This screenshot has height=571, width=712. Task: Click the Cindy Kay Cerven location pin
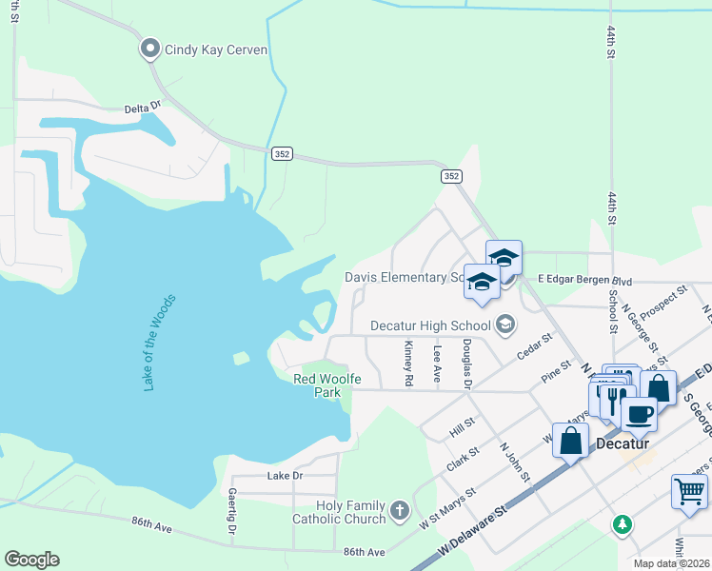[x=149, y=49]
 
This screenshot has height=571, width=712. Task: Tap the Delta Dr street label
[x=144, y=108]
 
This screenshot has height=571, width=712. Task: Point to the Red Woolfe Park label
[x=326, y=385]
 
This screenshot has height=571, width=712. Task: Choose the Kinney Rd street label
[x=408, y=364]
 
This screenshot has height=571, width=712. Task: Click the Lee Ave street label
[x=437, y=364]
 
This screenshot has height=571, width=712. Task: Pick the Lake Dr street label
[x=285, y=475]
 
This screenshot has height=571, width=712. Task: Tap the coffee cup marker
[x=639, y=414]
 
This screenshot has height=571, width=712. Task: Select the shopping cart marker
[x=689, y=492]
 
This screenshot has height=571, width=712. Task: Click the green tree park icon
[x=622, y=523]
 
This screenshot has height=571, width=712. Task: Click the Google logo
[x=31, y=560]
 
